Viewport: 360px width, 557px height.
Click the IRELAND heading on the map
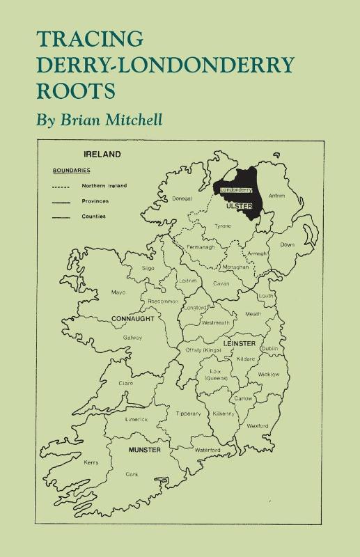[102, 154]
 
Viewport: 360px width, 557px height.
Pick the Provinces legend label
[95, 201]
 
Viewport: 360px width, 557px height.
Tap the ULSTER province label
[239, 207]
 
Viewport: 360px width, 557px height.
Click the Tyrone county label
[223, 226]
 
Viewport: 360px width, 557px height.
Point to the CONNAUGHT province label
[132, 318]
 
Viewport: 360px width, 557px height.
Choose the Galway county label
[133, 338]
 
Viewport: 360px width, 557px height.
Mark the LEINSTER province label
[240, 344]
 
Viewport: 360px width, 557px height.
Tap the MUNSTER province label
[145, 450]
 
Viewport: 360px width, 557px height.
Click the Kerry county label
[91, 462]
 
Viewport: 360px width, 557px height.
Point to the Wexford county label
[258, 425]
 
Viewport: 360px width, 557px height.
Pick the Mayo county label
[118, 292]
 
